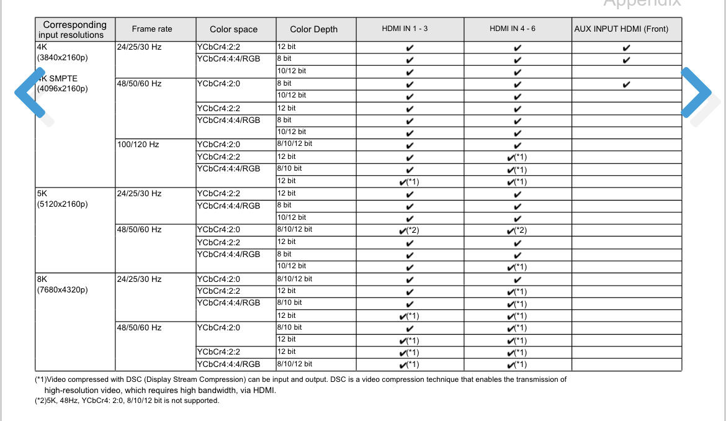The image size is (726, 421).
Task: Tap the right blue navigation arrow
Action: [696, 92]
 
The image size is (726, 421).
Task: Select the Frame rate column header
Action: [152, 29]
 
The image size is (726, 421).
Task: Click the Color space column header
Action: [233, 29]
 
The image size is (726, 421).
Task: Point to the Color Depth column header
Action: [314, 29]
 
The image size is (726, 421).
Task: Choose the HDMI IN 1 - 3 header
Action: [405, 29]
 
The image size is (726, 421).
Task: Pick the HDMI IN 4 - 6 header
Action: [513, 29]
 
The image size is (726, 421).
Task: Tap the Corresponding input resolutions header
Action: [74, 29]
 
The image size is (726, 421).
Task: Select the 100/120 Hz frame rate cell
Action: [138, 145]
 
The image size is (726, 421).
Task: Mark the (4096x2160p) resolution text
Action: [63, 89]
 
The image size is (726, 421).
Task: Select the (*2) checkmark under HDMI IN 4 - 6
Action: [518, 230]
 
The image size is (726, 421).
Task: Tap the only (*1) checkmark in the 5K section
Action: [518, 267]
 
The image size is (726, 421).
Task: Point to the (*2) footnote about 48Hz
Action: [127, 401]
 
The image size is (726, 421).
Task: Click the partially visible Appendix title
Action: [642, 3]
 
